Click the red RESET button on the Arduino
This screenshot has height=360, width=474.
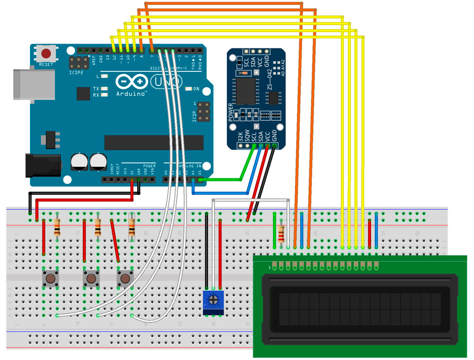point(47,53)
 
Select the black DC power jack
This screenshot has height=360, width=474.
point(42,165)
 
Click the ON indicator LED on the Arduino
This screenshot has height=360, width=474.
point(188,89)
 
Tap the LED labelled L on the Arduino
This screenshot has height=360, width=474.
point(104,76)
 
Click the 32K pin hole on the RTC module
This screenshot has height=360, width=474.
point(241,146)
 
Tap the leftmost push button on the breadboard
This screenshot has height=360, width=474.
point(50,279)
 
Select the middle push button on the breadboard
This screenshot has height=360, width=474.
point(91,279)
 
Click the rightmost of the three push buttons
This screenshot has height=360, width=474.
point(124,279)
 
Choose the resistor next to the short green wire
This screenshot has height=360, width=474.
point(282,233)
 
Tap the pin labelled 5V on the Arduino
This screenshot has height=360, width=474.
point(132,179)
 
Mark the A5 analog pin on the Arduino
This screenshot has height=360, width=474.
point(200,179)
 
